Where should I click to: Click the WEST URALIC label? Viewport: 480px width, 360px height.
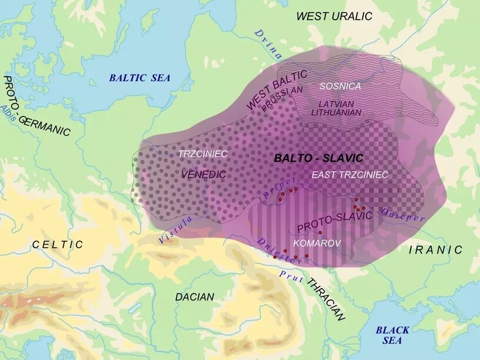[x=334, y=16]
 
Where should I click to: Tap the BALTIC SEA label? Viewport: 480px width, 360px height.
[x=139, y=78]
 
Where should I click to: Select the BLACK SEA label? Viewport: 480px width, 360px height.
[x=392, y=335]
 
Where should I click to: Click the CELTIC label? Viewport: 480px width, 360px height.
[x=58, y=244]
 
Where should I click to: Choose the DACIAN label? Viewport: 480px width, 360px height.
[x=195, y=297]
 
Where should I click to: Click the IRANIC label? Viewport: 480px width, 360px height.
[x=436, y=249]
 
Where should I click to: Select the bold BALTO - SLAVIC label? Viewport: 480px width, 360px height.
[x=318, y=158]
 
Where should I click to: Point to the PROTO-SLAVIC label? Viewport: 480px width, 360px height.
[x=335, y=221]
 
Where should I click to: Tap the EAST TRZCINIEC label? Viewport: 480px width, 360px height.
[x=349, y=175]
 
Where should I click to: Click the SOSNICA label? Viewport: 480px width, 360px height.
[x=340, y=86]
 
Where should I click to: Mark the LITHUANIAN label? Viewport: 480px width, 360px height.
[x=336, y=112]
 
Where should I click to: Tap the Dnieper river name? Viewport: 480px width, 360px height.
[x=402, y=214]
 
